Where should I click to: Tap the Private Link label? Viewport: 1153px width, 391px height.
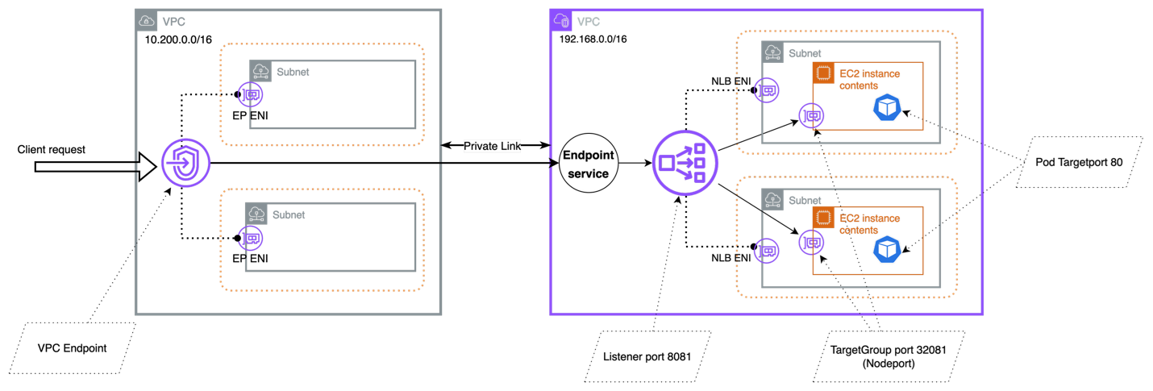click(492, 146)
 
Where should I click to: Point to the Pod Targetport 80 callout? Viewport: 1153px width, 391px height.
click(1079, 162)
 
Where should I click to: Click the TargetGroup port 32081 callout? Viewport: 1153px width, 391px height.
click(889, 356)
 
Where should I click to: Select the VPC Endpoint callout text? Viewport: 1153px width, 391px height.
click(72, 348)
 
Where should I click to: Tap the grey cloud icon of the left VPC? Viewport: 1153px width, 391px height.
click(148, 22)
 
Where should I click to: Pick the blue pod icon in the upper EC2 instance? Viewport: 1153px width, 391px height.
click(886, 108)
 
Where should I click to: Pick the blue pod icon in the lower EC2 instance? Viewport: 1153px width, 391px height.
click(886, 250)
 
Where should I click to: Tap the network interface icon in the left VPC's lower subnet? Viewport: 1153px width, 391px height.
click(251, 239)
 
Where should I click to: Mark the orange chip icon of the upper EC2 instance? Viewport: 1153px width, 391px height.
click(823, 73)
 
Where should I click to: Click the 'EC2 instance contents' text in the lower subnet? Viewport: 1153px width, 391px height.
click(869, 224)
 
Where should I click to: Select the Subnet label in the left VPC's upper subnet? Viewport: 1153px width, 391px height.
click(293, 72)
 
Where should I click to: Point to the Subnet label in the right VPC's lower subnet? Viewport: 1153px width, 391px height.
click(805, 200)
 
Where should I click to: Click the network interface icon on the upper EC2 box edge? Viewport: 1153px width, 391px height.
click(811, 116)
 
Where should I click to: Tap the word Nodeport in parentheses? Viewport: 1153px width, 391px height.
click(889, 364)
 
